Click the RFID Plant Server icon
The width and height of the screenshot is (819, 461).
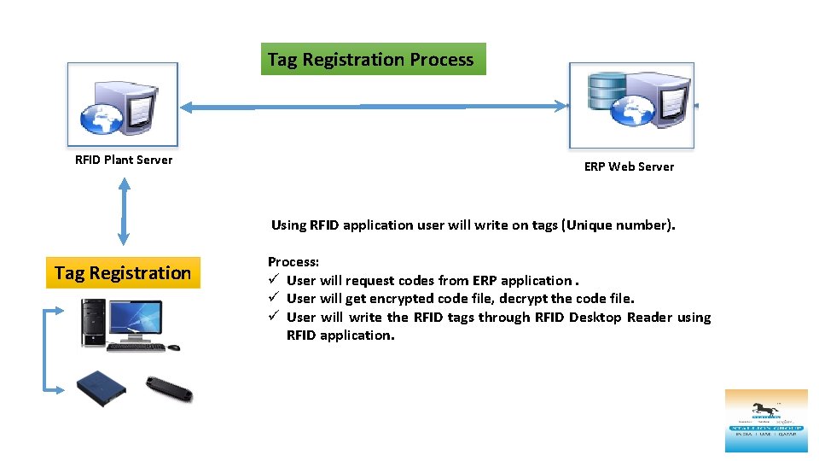pos(123,103)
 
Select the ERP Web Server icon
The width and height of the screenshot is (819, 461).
pos(632,103)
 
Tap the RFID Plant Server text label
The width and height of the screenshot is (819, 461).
pos(124,160)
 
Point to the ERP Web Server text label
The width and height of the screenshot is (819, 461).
pos(629,166)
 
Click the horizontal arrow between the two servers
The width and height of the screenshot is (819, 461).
pos(373,107)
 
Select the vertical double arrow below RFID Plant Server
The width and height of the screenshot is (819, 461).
pos(124,212)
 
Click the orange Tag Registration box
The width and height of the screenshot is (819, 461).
pos(123,273)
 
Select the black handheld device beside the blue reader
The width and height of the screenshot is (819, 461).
pos(169,388)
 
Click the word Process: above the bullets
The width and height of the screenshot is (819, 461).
pos(293,262)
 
